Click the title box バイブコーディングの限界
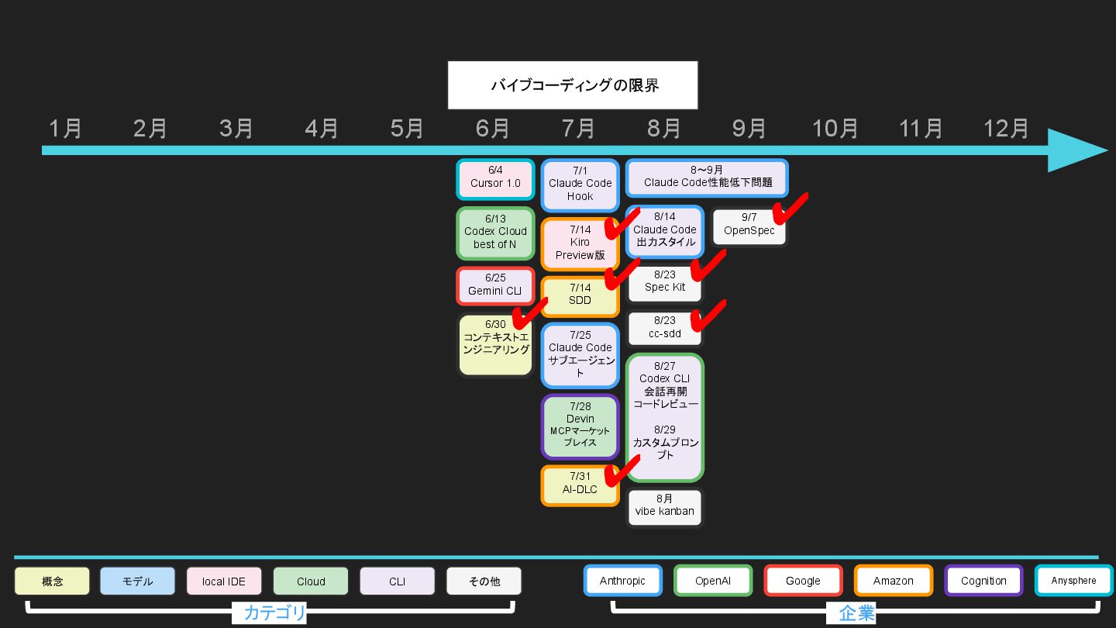click(573, 85)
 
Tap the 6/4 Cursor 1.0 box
click(495, 178)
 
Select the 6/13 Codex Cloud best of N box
click(495, 232)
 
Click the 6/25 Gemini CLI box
click(495, 285)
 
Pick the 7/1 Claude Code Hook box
click(580, 185)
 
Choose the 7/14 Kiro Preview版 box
click(580, 243)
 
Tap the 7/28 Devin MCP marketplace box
click(580, 426)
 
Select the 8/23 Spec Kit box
click(664, 282)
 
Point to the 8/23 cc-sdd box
click(664, 328)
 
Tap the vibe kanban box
click(664, 507)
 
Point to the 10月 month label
click(835, 129)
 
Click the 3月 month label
click(236, 129)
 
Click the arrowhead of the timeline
click(1077, 150)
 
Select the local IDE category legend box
click(224, 581)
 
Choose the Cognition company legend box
click(983, 581)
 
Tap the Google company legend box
click(803, 581)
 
